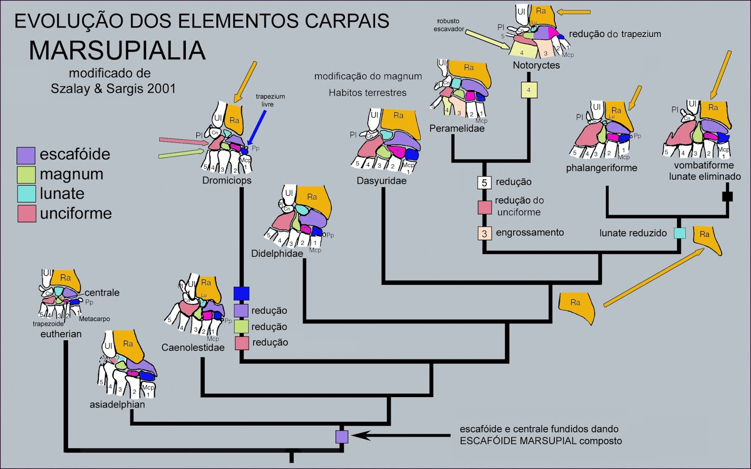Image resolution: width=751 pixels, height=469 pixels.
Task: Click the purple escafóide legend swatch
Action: click(26, 156)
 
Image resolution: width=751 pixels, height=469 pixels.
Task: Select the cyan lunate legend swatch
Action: click(26, 194)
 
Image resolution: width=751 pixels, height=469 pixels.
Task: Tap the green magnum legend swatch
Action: click(26, 175)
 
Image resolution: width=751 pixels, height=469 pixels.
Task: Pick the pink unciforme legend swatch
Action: click(26, 214)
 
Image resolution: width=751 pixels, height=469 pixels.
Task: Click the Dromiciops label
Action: click(227, 180)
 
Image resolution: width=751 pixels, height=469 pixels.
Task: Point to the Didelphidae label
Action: click(277, 254)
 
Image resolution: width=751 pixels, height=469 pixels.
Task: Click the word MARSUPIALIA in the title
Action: click(117, 51)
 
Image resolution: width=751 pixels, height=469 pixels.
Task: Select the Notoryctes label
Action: click(536, 65)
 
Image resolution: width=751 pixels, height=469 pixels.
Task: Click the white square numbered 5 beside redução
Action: click(484, 182)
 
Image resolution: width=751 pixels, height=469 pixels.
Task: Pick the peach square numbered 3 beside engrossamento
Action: click(484, 233)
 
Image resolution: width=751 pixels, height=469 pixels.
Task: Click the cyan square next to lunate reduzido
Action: click(679, 233)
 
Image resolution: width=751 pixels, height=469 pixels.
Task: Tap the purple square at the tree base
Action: click(342, 437)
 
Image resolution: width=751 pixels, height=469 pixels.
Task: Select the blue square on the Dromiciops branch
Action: click(241, 294)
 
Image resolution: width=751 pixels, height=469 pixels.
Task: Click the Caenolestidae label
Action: click(193, 348)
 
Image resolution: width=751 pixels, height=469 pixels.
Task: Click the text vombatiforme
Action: click(704, 165)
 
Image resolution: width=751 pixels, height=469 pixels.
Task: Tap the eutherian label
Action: click(61, 334)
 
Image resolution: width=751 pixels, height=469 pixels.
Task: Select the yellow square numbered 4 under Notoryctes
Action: click(529, 90)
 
